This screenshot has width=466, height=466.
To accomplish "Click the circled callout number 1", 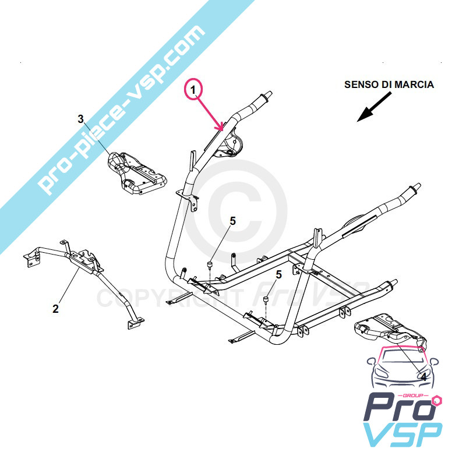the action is tap(193, 90).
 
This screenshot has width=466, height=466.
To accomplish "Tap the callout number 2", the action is tap(55, 309).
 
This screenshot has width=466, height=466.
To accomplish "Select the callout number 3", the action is tap(80, 119).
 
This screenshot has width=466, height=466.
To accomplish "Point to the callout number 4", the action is tap(423, 377).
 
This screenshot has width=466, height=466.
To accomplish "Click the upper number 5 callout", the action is tap(232, 221).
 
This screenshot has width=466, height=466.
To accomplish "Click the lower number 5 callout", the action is tap(278, 274).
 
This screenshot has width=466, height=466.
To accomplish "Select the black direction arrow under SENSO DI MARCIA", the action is tap(374, 107).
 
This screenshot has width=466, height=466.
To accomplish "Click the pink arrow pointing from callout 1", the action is tap(211, 114).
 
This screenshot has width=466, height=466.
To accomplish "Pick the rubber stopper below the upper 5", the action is tap(210, 264).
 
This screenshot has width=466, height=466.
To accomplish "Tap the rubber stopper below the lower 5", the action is tap(266, 299).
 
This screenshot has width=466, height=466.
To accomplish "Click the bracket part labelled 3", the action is tap(136, 172).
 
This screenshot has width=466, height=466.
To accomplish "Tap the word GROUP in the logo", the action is tap(415, 396).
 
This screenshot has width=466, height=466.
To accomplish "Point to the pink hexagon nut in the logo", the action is tap(437, 400).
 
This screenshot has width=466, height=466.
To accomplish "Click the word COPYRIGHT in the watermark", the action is tap(170, 298).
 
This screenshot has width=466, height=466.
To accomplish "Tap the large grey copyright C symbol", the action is tap(236, 212).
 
